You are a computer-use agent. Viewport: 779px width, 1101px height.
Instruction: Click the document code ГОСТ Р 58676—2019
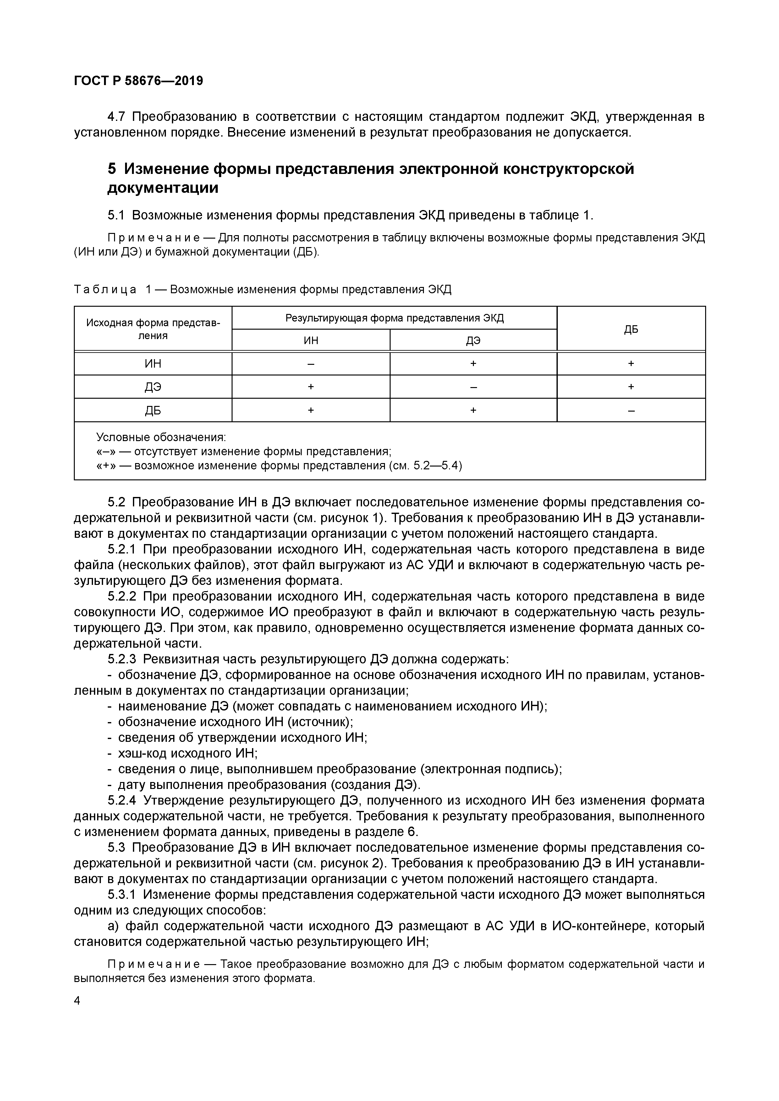138,81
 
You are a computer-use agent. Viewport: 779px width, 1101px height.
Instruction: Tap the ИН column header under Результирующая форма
311,340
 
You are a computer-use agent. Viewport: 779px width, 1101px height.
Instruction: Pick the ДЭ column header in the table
473,340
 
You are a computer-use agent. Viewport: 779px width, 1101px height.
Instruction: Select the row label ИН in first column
153,364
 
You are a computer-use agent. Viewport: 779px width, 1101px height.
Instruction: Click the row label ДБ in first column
153,410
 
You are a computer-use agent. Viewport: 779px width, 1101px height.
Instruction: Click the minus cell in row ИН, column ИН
311,364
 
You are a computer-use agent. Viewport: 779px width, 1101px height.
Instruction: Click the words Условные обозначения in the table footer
161,437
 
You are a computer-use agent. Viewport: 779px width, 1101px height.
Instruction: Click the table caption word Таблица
105,290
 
